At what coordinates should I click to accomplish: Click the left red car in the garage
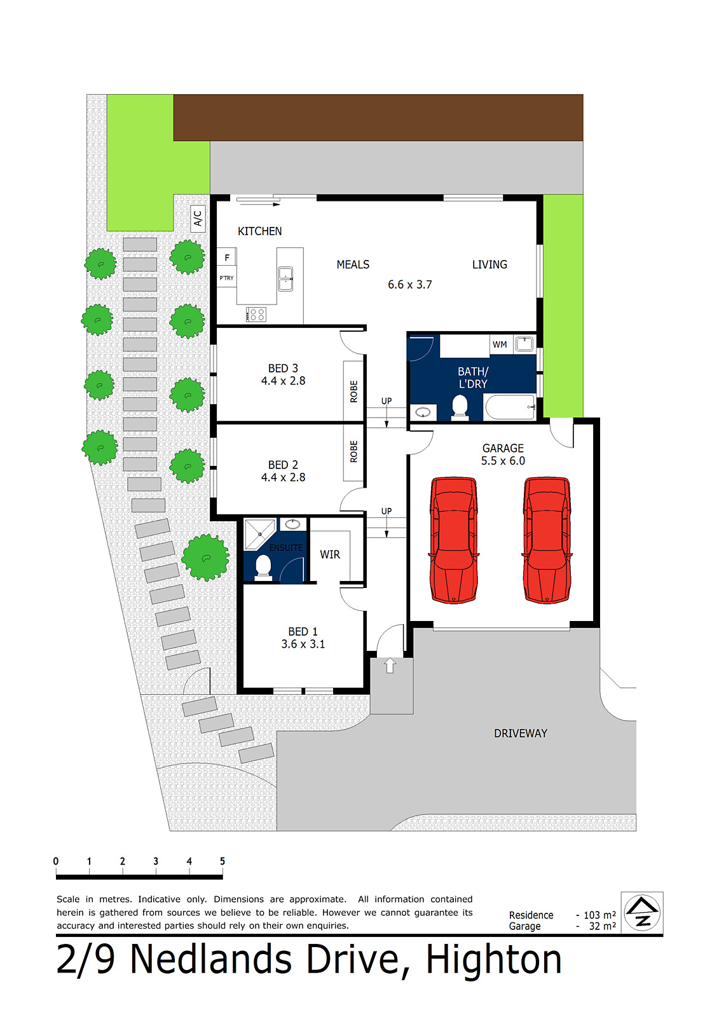coord(454,540)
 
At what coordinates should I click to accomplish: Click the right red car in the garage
coord(547,540)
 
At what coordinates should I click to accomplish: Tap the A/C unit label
coord(198,219)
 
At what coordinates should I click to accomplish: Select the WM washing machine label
coord(500,345)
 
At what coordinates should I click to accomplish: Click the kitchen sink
coord(286,278)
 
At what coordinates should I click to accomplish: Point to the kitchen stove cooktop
coord(256,313)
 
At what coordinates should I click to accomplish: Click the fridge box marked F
coord(227,257)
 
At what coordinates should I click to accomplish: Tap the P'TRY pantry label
coord(226,278)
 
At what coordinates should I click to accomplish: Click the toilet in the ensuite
coord(263,567)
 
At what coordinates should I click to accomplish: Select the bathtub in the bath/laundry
coord(510,407)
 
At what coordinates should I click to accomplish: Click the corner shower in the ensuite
coord(259,533)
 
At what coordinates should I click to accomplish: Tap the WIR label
coord(330,554)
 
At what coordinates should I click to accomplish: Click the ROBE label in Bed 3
coord(354,391)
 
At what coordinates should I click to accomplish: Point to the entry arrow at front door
coord(390,665)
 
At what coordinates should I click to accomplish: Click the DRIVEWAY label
coord(521,733)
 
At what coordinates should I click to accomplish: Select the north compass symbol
coord(642,912)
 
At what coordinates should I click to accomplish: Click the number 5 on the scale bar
coord(223,861)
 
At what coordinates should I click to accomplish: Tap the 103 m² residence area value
coord(599,915)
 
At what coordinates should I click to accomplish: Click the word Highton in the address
coord(494,959)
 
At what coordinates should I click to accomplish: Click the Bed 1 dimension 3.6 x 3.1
coord(303,644)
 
